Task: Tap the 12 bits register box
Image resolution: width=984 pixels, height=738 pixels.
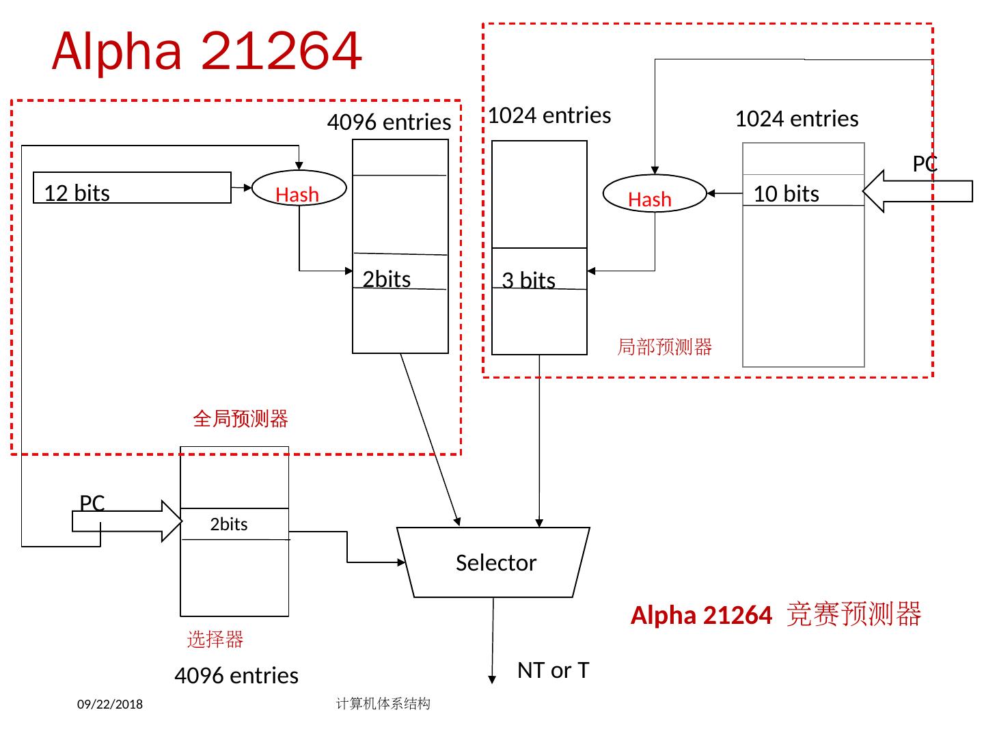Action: pos(132,188)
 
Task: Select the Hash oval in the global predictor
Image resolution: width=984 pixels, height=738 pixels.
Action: pos(299,188)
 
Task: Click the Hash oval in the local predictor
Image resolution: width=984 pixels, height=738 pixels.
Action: pos(654,194)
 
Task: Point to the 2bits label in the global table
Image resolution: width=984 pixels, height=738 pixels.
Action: pos(387,279)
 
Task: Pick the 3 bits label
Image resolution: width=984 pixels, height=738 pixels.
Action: pos(528,280)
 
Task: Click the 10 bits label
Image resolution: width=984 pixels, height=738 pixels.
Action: pos(786,194)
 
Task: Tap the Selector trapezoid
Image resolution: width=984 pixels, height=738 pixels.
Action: pos(494,562)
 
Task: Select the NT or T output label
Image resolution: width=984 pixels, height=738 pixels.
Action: pos(553,670)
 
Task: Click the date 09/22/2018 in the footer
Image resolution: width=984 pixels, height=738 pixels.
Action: pos(110,705)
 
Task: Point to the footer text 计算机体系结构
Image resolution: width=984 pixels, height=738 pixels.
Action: pos(383,704)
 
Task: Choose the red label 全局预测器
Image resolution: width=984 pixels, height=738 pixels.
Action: pos(241,418)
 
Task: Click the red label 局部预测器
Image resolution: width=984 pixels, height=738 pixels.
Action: pos(664,346)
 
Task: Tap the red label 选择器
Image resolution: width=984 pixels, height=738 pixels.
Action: pos(215,640)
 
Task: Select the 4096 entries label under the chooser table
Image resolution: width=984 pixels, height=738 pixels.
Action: pos(236,676)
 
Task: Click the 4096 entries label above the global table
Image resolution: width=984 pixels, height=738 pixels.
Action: pos(389,122)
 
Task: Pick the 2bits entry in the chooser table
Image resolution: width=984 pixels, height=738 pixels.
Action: pos(229,524)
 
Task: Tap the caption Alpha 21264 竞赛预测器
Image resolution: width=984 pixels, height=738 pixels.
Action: pos(776,615)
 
